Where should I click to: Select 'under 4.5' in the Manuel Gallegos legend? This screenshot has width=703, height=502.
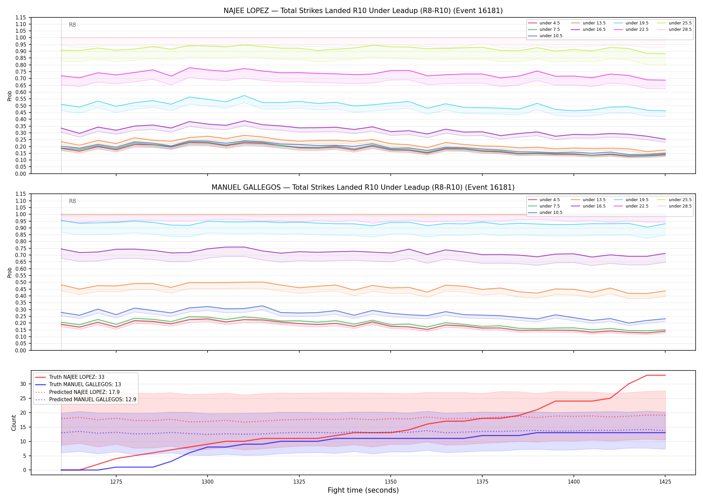[x=544, y=200]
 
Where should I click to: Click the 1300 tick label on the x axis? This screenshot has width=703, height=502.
[x=208, y=482]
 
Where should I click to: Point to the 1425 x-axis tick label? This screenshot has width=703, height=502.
[x=665, y=482]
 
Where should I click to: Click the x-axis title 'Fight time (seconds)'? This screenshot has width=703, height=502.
[x=363, y=490]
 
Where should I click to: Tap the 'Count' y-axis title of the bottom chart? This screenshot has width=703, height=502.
[x=14, y=423]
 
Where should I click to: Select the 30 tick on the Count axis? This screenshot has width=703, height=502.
[x=23, y=384]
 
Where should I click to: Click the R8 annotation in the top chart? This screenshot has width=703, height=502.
[x=72, y=25]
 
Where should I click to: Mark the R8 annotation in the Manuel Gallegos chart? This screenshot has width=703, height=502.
[x=72, y=201]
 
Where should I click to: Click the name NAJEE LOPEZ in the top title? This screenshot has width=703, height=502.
[x=246, y=11]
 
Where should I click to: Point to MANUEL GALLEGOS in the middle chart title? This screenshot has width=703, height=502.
[x=246, y=187]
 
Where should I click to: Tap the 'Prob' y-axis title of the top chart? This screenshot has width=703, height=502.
[x=10, y=96]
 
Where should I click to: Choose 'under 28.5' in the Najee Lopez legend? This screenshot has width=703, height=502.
[x=674, y=29]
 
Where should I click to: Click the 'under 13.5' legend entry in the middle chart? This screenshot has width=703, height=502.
[x=588, y=200]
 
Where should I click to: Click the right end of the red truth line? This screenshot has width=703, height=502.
[x=665, y=375]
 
